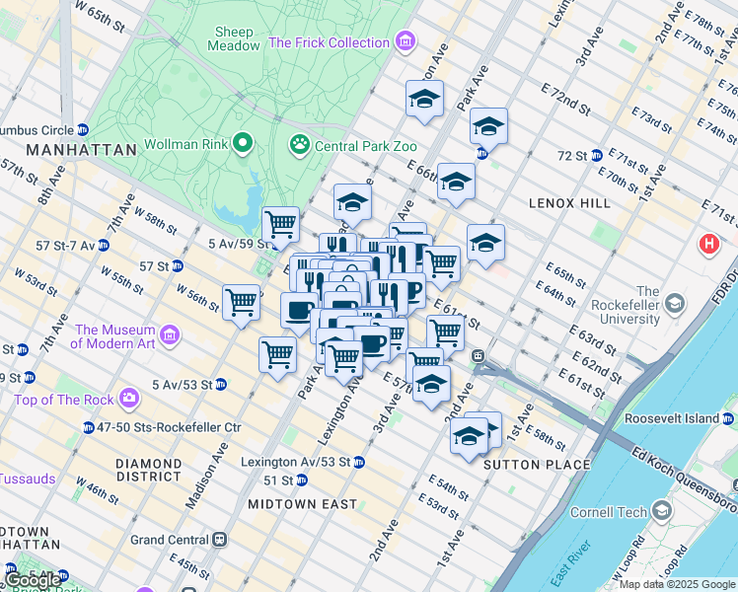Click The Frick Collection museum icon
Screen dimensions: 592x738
(x=405, y=42)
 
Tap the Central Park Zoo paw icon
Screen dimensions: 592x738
(x=299, y=146)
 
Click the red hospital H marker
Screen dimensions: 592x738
(x=709, y=244)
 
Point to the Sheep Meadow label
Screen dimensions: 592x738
(x=234, y=37)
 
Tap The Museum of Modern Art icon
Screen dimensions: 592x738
(x=168, y=336)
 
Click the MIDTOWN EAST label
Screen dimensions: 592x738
(x=302, y=504)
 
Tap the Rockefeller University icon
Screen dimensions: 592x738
(x=675, y=301)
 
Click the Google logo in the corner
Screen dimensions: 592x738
(x=32, y=579)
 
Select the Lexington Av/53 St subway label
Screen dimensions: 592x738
(x=296, y=462)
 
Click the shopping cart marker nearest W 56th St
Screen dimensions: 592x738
(x=242, y=302)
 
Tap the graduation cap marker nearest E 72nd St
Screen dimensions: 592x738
(x=487, y=127)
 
